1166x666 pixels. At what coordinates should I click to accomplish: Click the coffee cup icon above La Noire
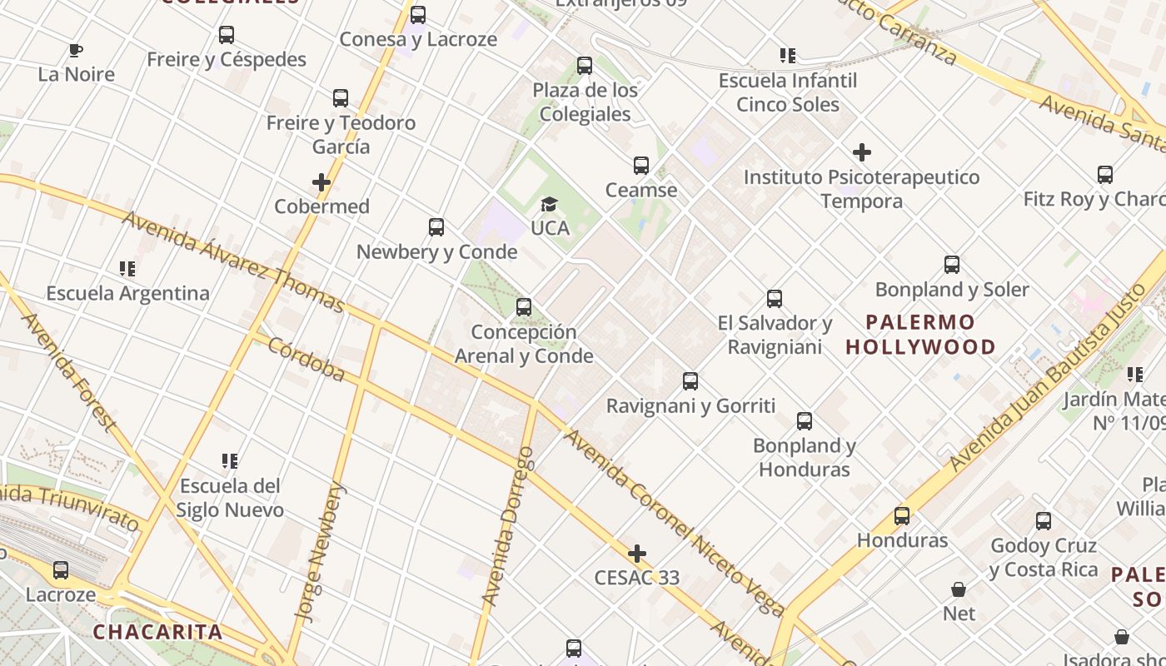click(x=76, y=51)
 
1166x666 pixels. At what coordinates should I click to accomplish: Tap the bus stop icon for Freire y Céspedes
click(x=226, y=35)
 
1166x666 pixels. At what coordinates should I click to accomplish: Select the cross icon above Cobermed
click(x=321, y=182)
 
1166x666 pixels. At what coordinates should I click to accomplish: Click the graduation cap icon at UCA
click(x=549, y=204)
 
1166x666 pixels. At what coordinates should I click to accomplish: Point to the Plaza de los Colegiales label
click(x=585, y=102)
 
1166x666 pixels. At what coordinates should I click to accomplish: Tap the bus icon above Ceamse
click(x=640, y=166)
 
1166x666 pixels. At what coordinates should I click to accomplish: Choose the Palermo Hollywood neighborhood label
click(x=920, y=335)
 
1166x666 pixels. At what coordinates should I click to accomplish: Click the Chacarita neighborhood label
click(x=157, y=632)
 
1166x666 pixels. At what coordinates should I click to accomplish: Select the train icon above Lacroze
click(x=61, y=570)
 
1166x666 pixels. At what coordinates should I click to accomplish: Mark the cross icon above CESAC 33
click(x=637, y=554)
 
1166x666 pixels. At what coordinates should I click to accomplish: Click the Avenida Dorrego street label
click(x=507, y=526)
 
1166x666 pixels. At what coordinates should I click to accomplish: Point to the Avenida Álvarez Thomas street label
click(x=233, y=262)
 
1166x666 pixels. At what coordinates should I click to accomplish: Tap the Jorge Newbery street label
click(x=319, y=552)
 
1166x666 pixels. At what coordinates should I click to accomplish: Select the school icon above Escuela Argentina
click(x=127, y=269)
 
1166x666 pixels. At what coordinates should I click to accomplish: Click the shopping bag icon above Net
click(x=959, y=589)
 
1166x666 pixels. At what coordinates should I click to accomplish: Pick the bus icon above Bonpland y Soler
click(x=952, y=265)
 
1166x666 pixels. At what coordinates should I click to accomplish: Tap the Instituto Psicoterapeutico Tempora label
click(x=861, y=189)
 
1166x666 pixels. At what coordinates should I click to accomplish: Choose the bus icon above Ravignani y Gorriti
click(x=690, y=381)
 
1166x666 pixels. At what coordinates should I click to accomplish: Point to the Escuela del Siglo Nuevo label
click(x=231, y=498)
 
